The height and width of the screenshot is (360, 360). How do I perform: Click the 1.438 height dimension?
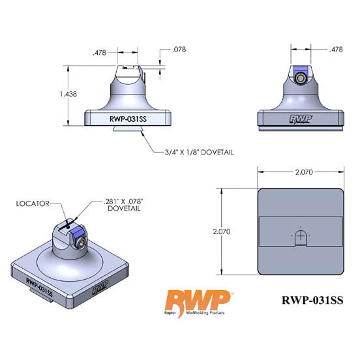[68, 95]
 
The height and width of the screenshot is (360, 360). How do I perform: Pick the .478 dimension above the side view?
[318, 50]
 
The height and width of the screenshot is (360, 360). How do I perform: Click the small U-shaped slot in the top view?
[299, 235]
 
